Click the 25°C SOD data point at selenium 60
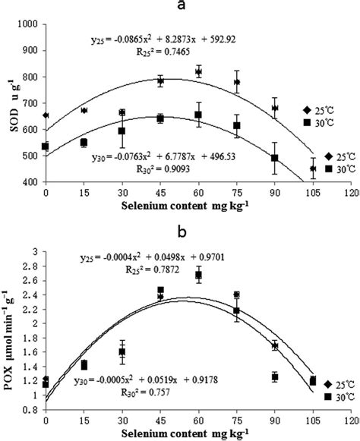pyautogui.click(x=198, y=72)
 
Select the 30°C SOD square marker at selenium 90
pyautogui.click(x=275, y=159)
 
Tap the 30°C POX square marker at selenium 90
pyautogui.click(x=275, y=376)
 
